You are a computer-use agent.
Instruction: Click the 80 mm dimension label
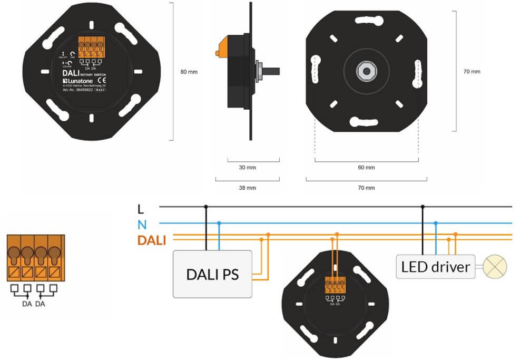(189, 72)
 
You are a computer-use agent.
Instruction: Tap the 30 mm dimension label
(247, 168)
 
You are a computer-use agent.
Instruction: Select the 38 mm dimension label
(247, 188)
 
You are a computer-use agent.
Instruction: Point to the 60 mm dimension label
(366, 168)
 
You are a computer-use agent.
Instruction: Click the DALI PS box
(213, 274)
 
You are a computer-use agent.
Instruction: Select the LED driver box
(435, 267)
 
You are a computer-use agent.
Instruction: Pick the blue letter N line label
(141, 225)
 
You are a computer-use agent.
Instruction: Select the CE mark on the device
(103, 81)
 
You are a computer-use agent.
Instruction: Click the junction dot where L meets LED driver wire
(422, 207)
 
